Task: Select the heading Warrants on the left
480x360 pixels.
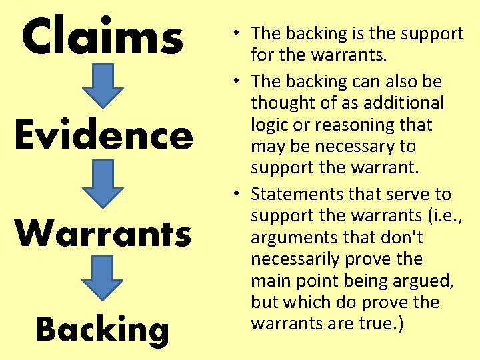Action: pyautogui.click(x=103, y=233)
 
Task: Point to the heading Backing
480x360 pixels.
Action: pyautogui.click(x=102, y=329)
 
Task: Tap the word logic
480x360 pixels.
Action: pyautogui.click(x=271, y=125)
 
